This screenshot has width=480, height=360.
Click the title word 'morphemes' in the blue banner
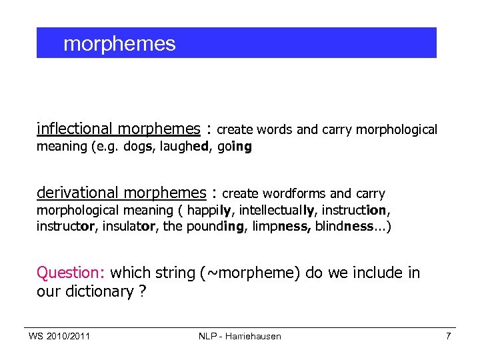click(119, 44)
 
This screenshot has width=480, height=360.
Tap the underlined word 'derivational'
click(78, 193)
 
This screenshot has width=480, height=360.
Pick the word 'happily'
click(209, 211)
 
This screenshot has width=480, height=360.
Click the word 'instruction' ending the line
click(355, 211)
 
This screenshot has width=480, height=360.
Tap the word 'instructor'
click(65, 226)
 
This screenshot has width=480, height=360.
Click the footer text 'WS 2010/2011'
click(59, 336)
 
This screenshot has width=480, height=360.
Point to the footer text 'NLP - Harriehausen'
click(240, 336)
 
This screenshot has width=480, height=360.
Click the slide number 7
click(448, 336)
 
